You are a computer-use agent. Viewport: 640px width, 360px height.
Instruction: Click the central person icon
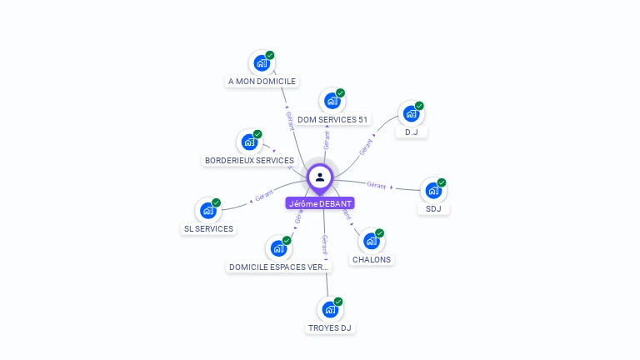(320, 177)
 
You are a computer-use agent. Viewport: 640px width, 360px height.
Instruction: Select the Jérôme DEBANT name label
(320, 203)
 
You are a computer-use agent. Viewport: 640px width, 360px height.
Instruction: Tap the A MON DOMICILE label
(262, 82)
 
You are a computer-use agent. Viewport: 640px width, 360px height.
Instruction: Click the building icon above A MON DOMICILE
(262, 62)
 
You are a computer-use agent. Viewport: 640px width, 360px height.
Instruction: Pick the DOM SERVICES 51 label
(332, 120)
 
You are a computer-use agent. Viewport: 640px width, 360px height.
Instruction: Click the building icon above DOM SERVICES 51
(332, 101)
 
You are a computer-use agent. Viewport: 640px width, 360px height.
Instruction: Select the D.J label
(412, 132)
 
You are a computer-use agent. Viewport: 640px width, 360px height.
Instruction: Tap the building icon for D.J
(412, 113)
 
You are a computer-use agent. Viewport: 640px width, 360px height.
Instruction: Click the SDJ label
(433, 209)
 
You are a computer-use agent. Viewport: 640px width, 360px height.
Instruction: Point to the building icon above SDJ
(433, 190)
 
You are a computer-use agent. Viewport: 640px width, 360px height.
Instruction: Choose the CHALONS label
(372, 259)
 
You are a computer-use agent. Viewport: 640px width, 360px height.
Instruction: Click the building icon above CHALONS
(372, 240)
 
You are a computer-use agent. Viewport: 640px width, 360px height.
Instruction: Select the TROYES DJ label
(331, 328)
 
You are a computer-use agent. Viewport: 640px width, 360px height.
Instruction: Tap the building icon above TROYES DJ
(331, 309)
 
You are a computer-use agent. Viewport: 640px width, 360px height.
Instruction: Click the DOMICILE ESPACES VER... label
(279, 267)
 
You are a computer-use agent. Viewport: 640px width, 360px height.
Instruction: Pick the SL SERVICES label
(208, 229)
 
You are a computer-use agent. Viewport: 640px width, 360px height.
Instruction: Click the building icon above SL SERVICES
(208, 210)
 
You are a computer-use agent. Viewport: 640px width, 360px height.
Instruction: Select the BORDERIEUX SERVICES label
(249, 160)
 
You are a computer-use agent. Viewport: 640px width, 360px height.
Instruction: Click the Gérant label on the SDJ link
(376, 185)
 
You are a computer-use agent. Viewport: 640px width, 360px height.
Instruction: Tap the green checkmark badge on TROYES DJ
(338, 302)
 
